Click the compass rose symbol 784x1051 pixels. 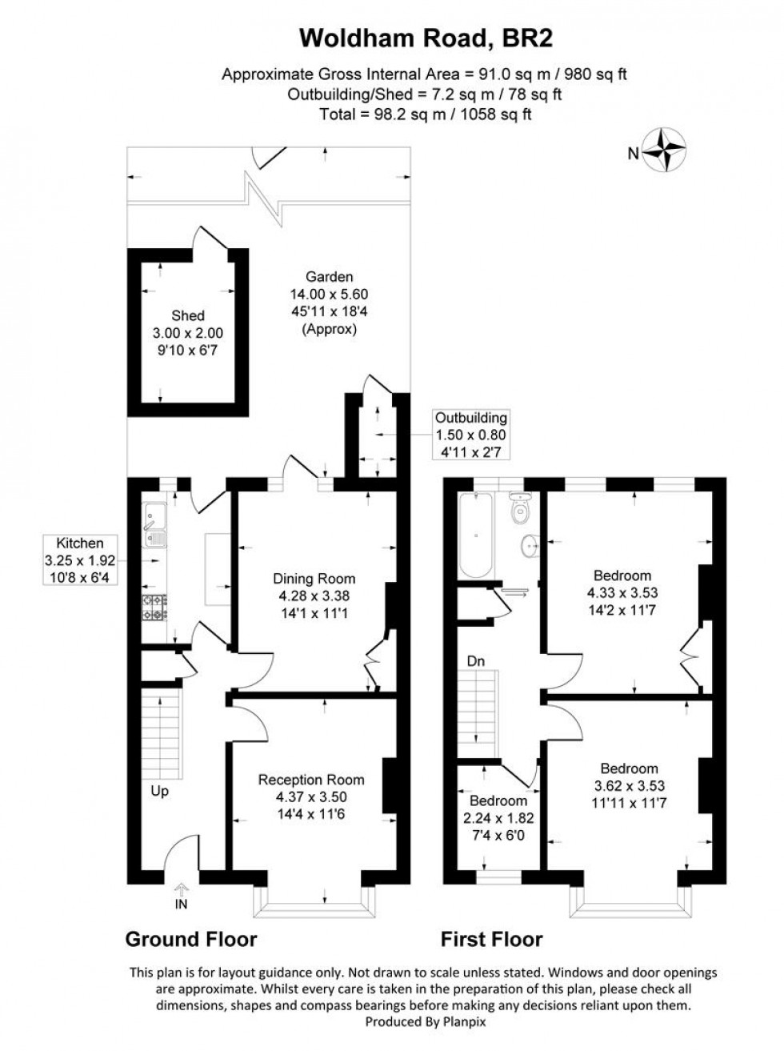click(667, 150)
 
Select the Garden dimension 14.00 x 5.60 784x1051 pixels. click(323, 295)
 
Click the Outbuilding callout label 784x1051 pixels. click(470, 418)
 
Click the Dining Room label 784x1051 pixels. click(314, 579)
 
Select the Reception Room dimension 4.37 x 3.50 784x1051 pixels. click(311, 797)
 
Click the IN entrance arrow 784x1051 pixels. click(182, 892)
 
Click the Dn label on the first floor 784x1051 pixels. click(477, 661)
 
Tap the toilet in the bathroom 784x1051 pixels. click(522, 509)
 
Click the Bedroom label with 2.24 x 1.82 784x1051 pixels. click(498, 801)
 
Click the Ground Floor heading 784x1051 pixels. click(191, 939)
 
